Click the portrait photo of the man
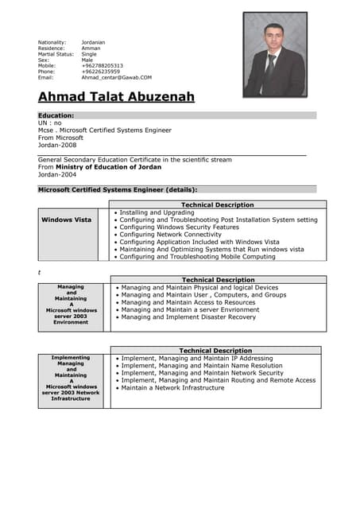(274, 55)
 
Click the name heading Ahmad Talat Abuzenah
(116, 97)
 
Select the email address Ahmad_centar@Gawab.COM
(116, 78)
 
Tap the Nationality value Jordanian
(94, 42)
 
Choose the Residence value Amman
(91, 49)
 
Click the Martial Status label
(56, 54)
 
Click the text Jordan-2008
(58, 146)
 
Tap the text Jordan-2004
(58, 174)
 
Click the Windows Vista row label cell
(66, 220)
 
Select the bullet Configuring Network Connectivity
(170, 235)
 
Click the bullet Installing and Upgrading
(157, 212)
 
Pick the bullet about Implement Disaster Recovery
(188, 317)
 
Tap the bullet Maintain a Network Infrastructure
(172, 388)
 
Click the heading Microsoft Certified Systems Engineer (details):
(118, 190)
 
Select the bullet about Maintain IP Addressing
(196, 359)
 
